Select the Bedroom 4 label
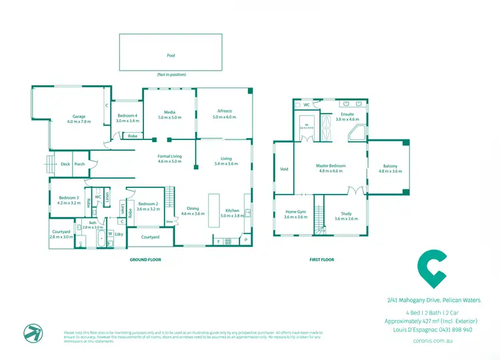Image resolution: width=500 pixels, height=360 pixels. (127, 115)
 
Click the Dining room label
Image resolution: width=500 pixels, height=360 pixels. (193, 208)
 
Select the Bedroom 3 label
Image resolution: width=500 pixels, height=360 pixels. (69, 198)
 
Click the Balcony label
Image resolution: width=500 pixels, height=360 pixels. (391, 166)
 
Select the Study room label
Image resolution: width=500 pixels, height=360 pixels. (341, 213)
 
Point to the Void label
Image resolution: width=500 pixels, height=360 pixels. (284, 169)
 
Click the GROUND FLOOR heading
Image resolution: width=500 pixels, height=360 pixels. (145, 259)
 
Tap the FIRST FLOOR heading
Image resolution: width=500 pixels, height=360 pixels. (321, 259)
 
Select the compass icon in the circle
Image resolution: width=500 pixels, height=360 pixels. (31, 332)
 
